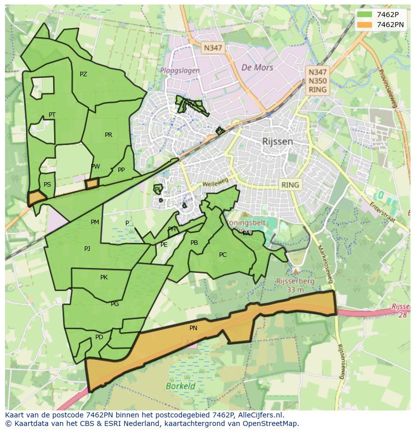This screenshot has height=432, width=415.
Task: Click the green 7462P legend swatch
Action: pyautogui.click(x=364, y=15)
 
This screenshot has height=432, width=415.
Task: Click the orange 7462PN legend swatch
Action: pyautogui.click(x=364, y=25)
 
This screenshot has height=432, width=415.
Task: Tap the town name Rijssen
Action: pyautogui.click(x=277, y=141)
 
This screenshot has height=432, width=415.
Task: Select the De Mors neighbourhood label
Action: pyautogui.click(x=257, y=67)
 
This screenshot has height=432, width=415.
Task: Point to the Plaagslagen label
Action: pyautogui.click(x=180, y=71)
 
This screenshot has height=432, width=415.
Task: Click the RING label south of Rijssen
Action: pyautogui.click(x=290, y=185)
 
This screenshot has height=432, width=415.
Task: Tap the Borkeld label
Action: pyautogui.click(x=180, y=386)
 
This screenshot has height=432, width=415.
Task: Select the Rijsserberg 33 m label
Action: pyautogui.click(x=296, y=285)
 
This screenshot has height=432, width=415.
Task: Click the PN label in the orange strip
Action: pyautogui.click(x=193, y=328)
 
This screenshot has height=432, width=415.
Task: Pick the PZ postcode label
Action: pyautogui.click(x=83, y=74)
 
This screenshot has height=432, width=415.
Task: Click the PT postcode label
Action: pyautogui.click(x=52, y=115)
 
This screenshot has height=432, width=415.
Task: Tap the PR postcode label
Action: pyautogui.click(x=108, y=135)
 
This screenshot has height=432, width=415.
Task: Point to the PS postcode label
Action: pyautogui.click(x=47, y=185)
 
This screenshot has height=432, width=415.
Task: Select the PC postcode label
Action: pyautogui.click(x=223, y=255)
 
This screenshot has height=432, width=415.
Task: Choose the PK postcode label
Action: pyautogui.click(x=104, y=277)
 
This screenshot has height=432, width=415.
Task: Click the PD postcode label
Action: pyautogui.click(x=99, y=337)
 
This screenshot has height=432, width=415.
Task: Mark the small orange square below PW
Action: pyautogui.click(x=92, y=184)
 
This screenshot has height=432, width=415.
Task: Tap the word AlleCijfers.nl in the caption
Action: pyautogui.click(x=260, y=415)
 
